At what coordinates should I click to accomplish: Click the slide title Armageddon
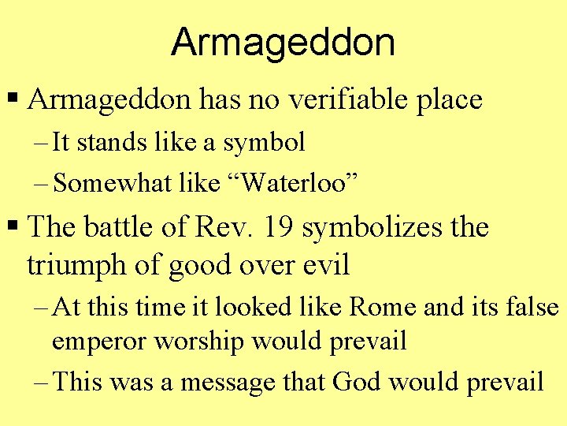pyautogui.click(x=283, y=42)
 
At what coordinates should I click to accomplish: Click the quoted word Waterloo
pyautogui.click(x=302, y=184)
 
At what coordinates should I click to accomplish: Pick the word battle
pyautogui.click(x=121, y=228)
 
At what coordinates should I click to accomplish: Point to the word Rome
pyautogui.click(x=384, y=307)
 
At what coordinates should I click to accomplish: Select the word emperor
pyautogui.click(x=100, y=342)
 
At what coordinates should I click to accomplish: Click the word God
pyautogui.click(x=355, y=383)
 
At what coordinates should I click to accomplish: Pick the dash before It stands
pyautogui.click(x=42, y=144)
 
